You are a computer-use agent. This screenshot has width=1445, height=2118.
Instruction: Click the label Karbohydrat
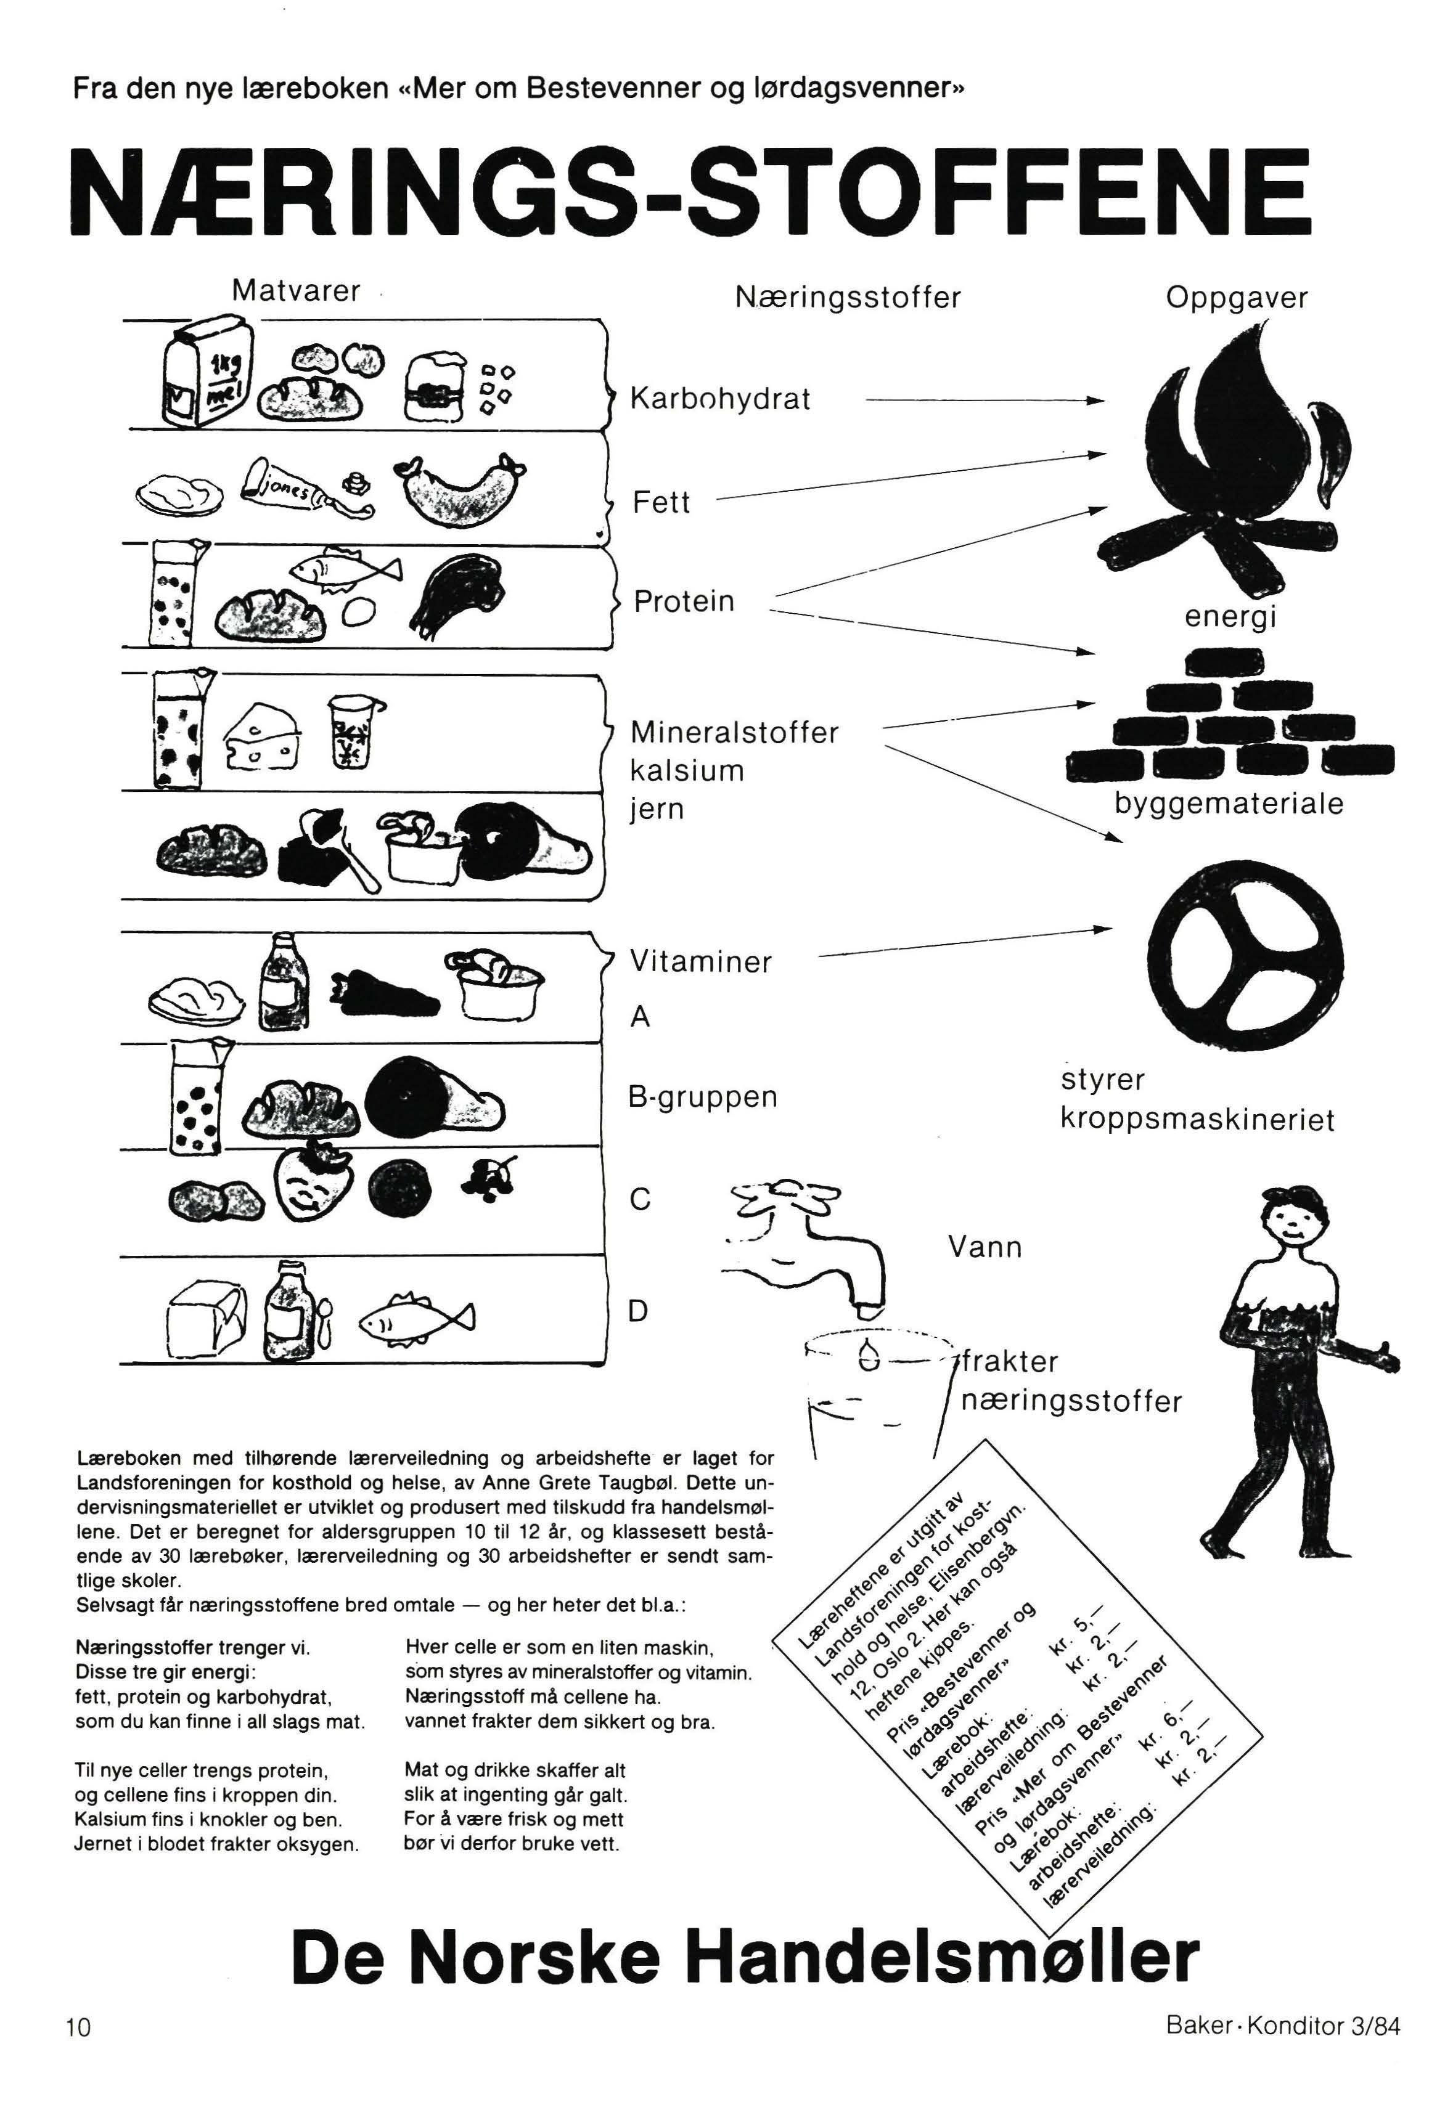719,399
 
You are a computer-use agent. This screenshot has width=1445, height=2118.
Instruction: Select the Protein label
684,601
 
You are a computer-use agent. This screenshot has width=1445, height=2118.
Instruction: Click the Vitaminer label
701,961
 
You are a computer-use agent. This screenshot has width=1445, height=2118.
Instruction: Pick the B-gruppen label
703,1096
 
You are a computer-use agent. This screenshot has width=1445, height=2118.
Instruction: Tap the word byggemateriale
1228,804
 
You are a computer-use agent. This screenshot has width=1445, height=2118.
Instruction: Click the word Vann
984,1246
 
